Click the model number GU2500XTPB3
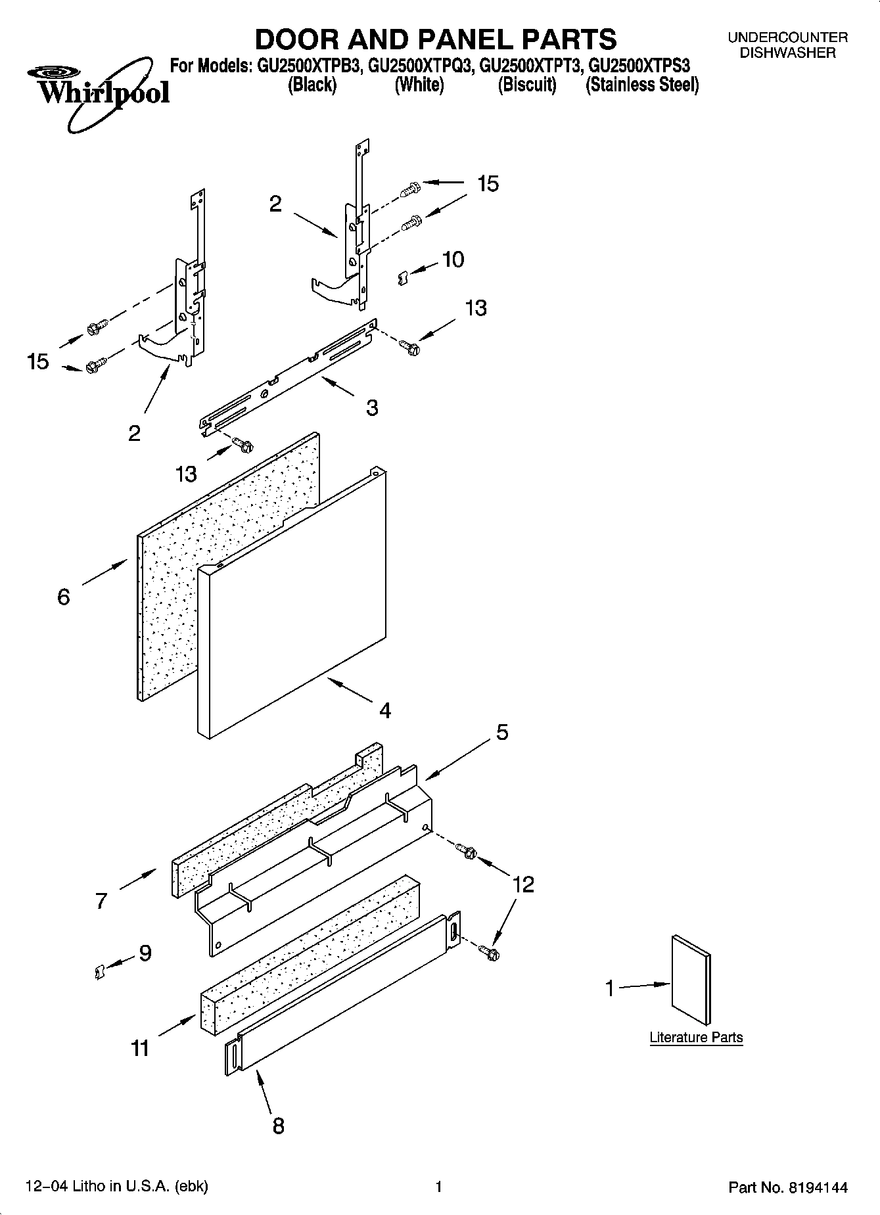tap(306, 66)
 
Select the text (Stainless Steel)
tap(642, 85)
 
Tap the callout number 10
tap(453, 260)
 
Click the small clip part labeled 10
tap(404, 279)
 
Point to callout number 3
tap(372, 408)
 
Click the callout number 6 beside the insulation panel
tap(64, 597)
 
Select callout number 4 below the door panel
tap(385, 710)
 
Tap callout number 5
tap(502, 732)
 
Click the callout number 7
tap(101, 900)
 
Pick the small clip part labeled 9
tap(99, 971)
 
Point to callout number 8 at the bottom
tap(279, 1126)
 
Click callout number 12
tap(523, 884)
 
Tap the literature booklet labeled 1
tap(691, 980)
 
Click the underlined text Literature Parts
tap(696, 1038)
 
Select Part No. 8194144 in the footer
tap(788, 1187)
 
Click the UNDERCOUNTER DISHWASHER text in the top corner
tap(787, 45)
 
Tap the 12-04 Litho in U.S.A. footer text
tap(116, 1187)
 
